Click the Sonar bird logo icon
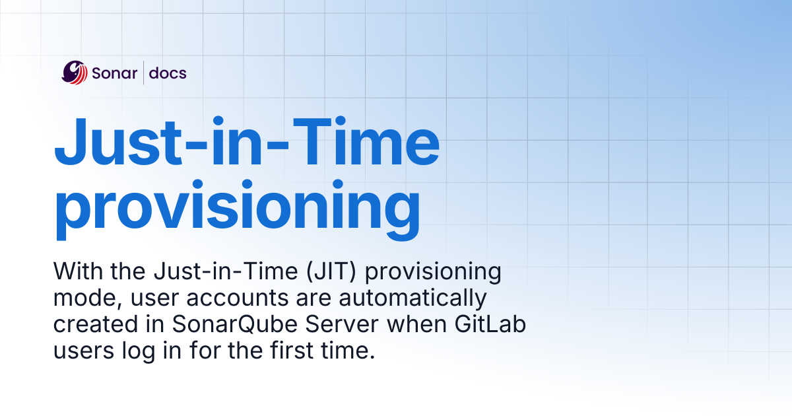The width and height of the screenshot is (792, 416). (x=74, y=73)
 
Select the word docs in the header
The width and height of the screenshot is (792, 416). (x=168, y=73)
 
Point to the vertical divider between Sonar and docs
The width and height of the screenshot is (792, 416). (x=144, y=73)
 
